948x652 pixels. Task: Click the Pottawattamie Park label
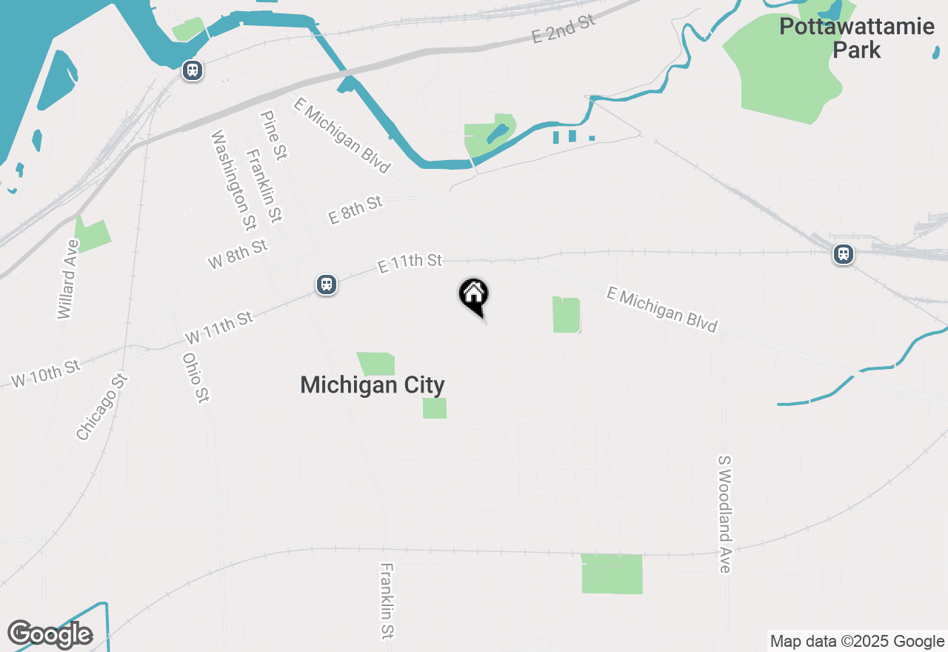(x=856, y=39)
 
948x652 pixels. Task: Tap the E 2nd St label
(x=564, y=29)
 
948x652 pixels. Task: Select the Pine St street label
(x=273, y=135)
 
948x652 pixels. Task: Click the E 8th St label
(x=355, y=210)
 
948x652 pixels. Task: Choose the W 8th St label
(x=238, y=253)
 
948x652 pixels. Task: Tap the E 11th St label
(x=410, y=262)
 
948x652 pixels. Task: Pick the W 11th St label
(x=219, y=327)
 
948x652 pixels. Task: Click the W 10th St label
(x=45, y=373)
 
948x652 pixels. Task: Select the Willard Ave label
(x=67, y=279)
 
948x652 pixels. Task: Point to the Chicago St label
(x=101, y=407)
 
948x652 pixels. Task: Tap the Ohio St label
(x=193, y=378)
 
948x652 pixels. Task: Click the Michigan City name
(x=373, y=385)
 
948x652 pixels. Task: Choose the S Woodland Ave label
(x=724, y=513)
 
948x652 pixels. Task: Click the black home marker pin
(x=474, y=297)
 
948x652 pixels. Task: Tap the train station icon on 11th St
(x=327, y=285)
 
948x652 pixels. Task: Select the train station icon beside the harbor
(x=193, y=71)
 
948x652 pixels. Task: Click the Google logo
(x=50, y=634)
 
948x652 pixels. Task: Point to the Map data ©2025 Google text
(x=857, y=642)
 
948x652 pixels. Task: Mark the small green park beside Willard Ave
(x=93, y=233)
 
